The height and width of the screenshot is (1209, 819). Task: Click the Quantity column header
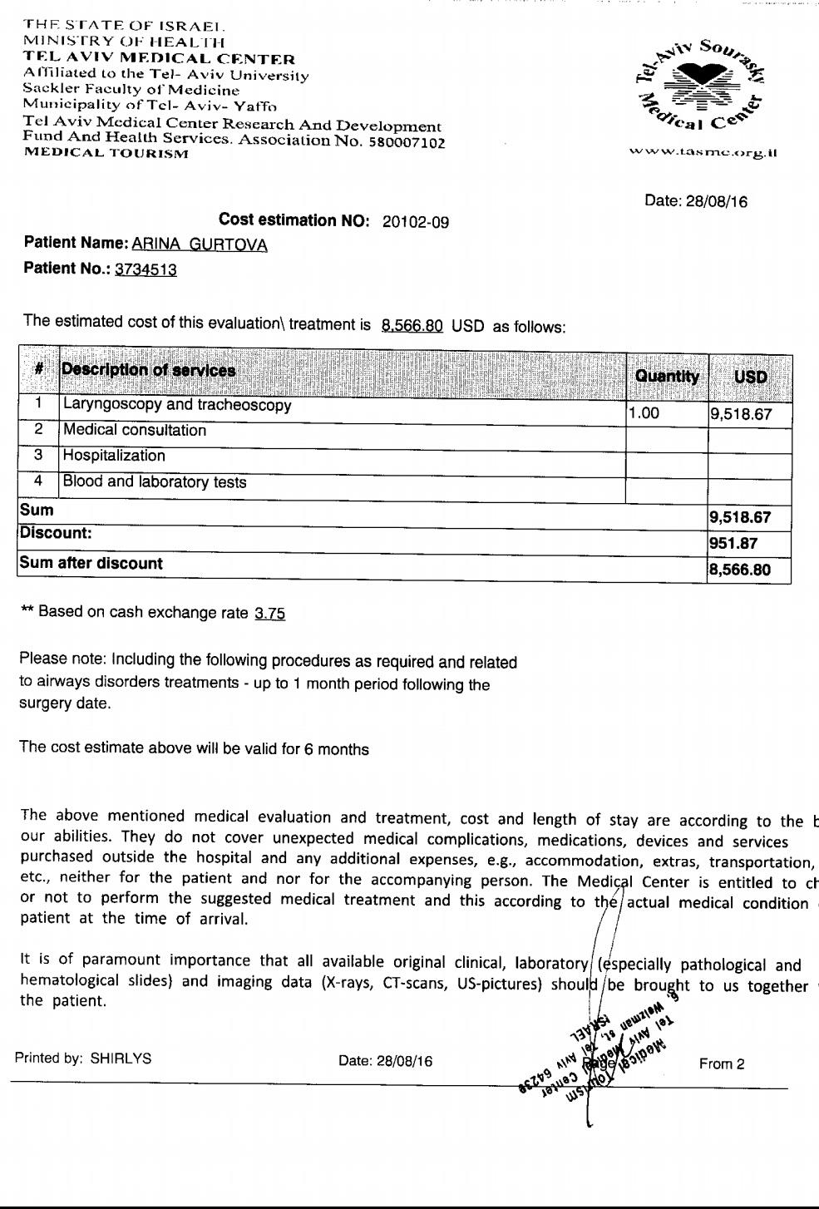667,376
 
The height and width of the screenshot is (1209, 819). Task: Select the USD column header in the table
750,376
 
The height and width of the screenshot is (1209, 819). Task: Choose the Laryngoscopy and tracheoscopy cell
177,406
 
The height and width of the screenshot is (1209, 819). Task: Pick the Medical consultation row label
134,431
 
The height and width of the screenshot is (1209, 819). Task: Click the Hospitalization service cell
114,456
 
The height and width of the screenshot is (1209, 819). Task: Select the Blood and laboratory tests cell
155,481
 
